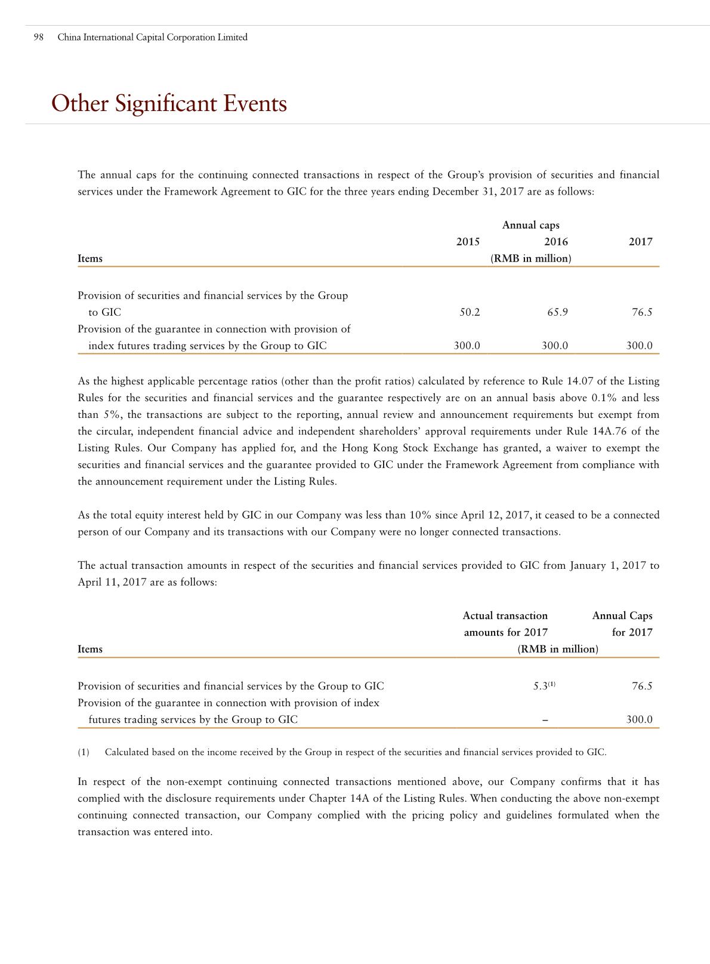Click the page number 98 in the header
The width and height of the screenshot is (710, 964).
point(39,38)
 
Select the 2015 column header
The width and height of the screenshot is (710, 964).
point(468,242)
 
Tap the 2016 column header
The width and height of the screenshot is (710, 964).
point(556,242)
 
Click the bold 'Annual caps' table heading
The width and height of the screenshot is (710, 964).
point(530,225)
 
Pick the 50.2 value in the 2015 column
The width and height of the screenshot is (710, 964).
point(470,312)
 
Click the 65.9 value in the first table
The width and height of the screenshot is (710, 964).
point(557,312)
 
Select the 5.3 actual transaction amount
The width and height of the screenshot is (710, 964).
point(540,686)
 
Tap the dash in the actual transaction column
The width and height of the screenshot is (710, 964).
point(545,720)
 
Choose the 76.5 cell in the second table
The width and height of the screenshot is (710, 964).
point(642,686)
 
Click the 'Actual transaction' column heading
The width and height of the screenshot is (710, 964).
point(505,616)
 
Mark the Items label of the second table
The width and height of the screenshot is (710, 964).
point(90,649)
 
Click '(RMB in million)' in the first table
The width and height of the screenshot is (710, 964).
point(530,258)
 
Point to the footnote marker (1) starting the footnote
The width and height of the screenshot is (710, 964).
point(84,752)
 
